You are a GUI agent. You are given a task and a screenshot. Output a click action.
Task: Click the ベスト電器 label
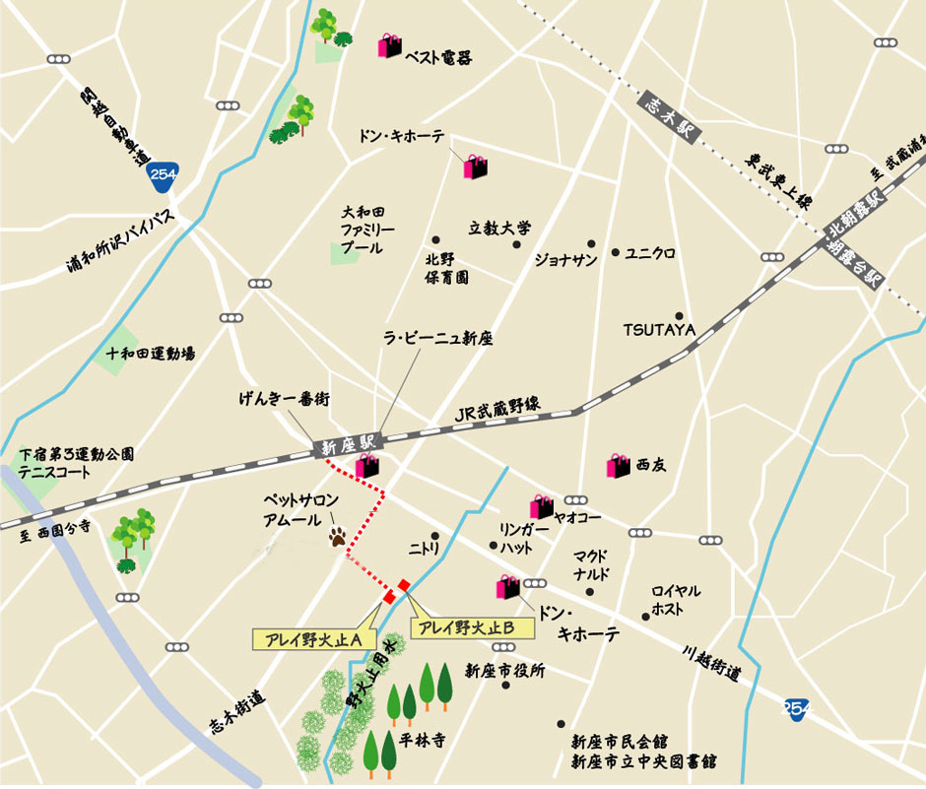point(438,58)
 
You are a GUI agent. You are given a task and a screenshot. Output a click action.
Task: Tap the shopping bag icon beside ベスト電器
point(390,45)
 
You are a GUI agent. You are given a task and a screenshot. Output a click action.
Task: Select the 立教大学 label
point(499,228)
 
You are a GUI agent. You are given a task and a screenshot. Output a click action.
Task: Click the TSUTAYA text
point(659,329)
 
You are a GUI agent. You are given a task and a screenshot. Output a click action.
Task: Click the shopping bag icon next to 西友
point(618,465)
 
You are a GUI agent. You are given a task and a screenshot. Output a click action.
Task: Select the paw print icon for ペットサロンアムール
point(338,538)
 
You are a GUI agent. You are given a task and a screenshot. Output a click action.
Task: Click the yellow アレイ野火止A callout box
point(308,639)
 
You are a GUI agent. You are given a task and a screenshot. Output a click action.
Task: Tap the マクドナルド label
point(592,564)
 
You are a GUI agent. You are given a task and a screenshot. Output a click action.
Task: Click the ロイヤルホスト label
point(676,600)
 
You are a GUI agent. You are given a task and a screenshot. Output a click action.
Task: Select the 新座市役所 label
point(504,671)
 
